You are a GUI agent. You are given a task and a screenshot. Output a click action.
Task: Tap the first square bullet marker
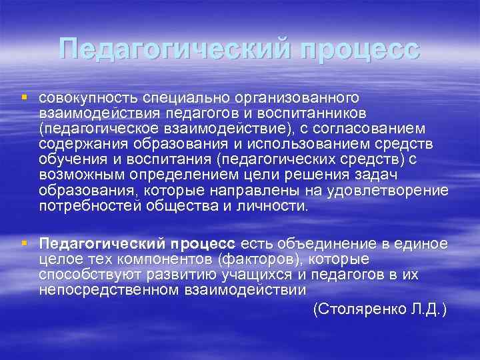pyautogui.click(x=25, y=97)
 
